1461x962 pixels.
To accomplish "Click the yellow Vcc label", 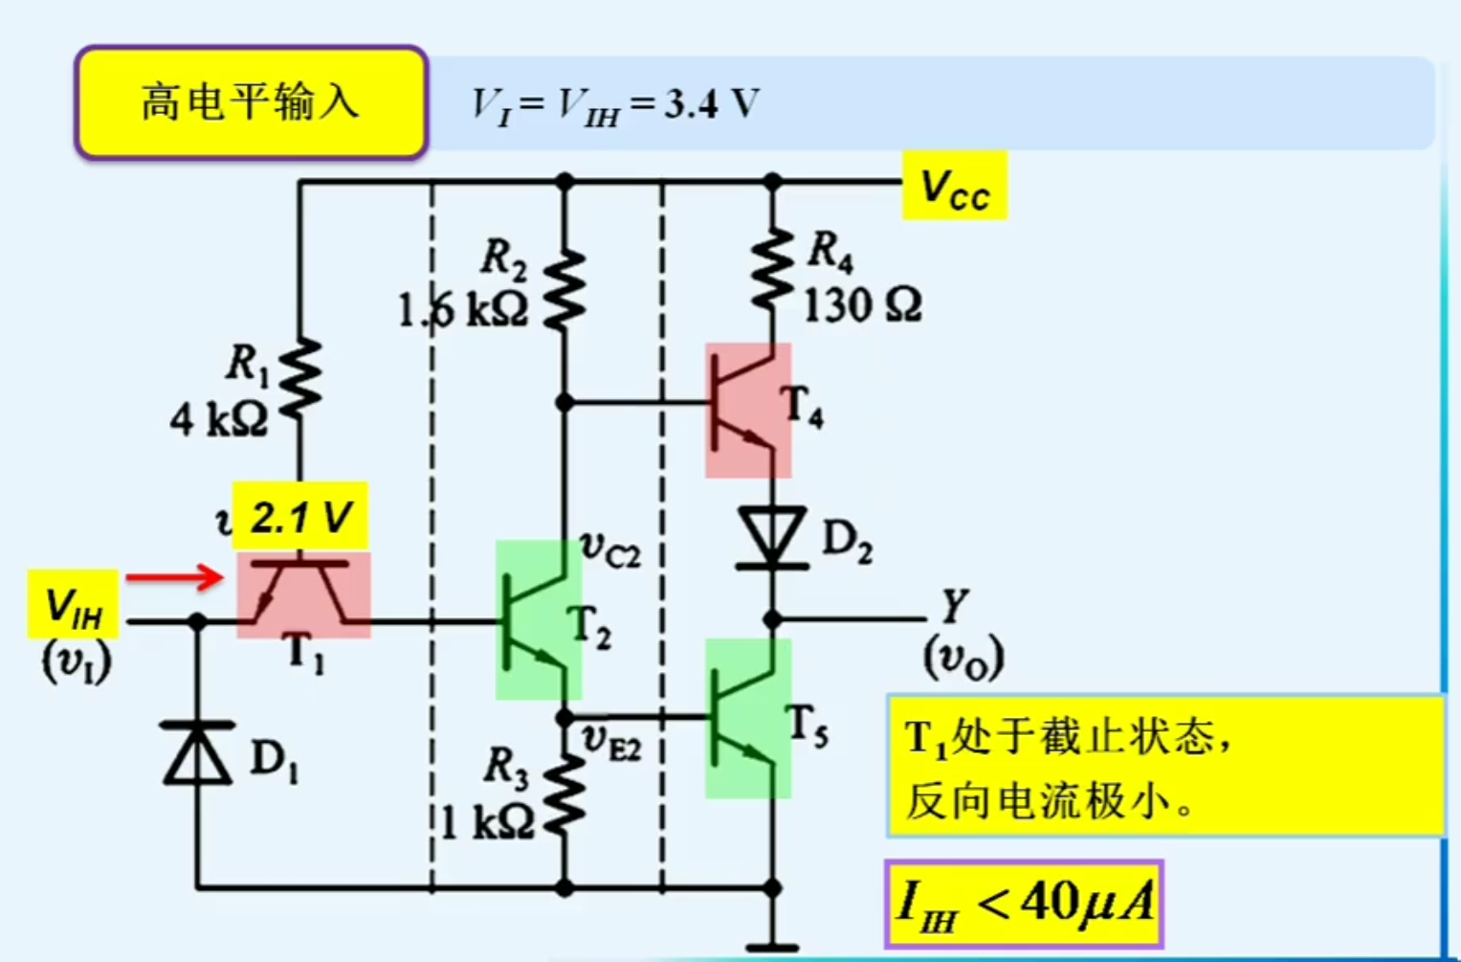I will [x=954, y=187].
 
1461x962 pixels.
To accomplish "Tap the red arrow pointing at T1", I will [x=174, y=576].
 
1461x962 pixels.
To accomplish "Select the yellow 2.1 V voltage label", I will [x=300, y=517].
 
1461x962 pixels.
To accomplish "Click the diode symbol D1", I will [x=198, y=754].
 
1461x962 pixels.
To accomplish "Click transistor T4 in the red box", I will [x=747, y=410].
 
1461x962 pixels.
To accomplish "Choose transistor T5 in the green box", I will [x=747, y=718].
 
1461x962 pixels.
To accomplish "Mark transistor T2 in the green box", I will [x=538, y=620].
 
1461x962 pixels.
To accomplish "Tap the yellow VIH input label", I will [x=74, y=604].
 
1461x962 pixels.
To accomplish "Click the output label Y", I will [x=955, y=605].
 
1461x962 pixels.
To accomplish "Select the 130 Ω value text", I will [x=862, y=306].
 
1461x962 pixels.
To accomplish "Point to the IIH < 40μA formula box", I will [x=1024, y=904].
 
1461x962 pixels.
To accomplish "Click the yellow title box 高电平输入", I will [x=251, y=101].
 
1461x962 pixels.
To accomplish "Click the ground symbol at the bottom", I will [x=772, y=946].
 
